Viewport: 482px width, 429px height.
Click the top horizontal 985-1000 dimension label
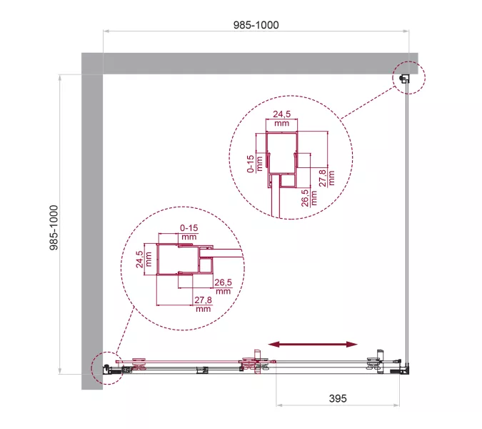[256, 25]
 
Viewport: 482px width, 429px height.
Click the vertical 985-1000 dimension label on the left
[54, 227]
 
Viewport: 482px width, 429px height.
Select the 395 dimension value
[338, 398]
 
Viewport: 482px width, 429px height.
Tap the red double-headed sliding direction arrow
[313, 345]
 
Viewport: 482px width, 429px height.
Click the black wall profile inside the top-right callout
[403, 78]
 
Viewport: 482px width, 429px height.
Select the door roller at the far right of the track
[374, 363]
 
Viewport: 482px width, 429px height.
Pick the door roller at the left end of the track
[139, 363]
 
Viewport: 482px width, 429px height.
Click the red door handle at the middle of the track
[256, 362]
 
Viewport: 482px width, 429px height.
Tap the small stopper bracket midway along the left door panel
[202, 370]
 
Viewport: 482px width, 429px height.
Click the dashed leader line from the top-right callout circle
[368, 103]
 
